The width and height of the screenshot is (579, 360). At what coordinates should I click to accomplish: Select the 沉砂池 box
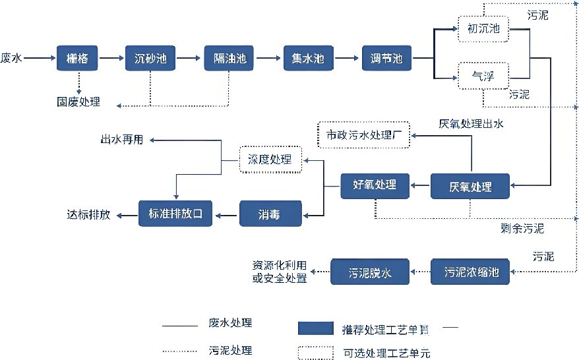click(x=151, y=59)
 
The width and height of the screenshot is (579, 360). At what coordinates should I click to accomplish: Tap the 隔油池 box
click(x=229, y=59)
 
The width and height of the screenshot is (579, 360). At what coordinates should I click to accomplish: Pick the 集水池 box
click(x=308, y=59)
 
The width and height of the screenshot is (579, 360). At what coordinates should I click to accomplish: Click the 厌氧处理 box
click(x=470, y=187)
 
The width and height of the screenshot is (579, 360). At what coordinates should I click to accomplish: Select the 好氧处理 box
click(x=375, y=185)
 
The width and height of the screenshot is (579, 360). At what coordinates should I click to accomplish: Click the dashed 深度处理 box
click(x=269, y=160)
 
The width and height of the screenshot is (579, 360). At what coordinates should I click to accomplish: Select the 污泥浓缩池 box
click(x=470, y=272)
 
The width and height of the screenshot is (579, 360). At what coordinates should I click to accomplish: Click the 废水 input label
click(x=12, y=59)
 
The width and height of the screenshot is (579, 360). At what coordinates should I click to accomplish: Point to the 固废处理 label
click(x=78, y=102)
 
